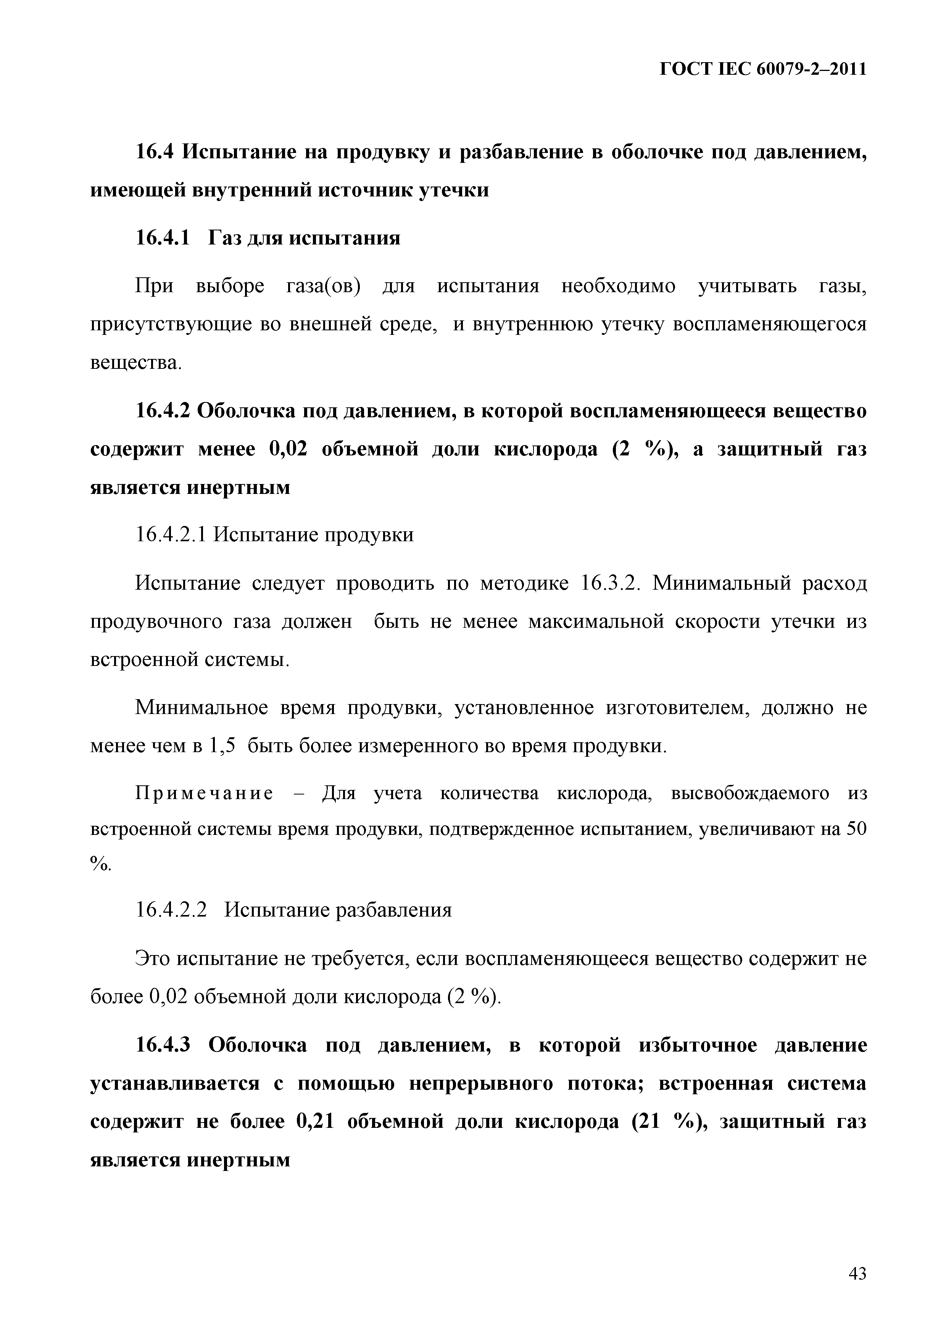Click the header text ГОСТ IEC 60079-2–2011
763,69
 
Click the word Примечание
205,794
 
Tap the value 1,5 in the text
222,746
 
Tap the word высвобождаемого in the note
750,794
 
